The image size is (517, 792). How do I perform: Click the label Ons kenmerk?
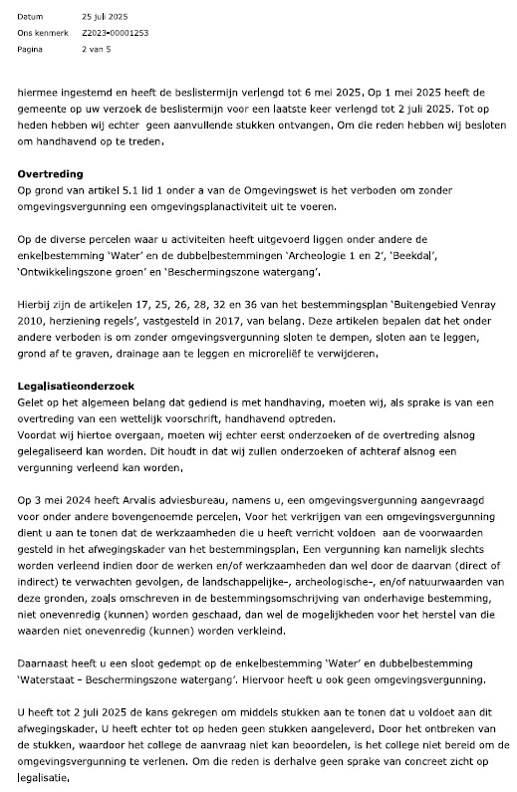click(39, 33)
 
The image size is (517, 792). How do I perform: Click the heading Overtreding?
click(51, 173)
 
